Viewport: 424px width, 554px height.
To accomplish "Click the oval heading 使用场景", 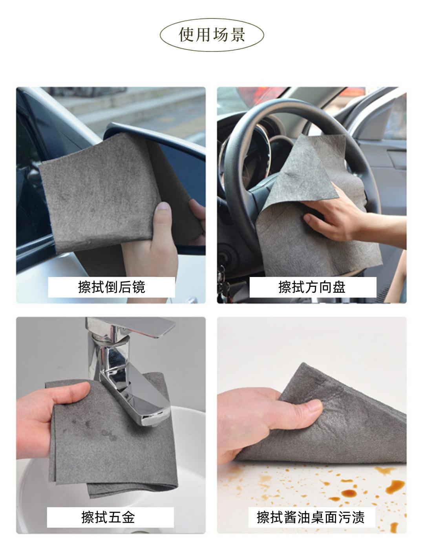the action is coord(212,35).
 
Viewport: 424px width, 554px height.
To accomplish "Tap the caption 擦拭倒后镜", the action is coord(111,287).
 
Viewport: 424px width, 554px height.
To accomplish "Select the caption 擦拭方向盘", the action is coord(312,287).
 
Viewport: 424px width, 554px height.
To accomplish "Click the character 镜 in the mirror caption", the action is coord(139,287).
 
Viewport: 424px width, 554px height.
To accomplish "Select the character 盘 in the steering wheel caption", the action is coord(339,287).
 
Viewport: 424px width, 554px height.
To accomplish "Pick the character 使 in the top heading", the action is coord(186,35).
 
